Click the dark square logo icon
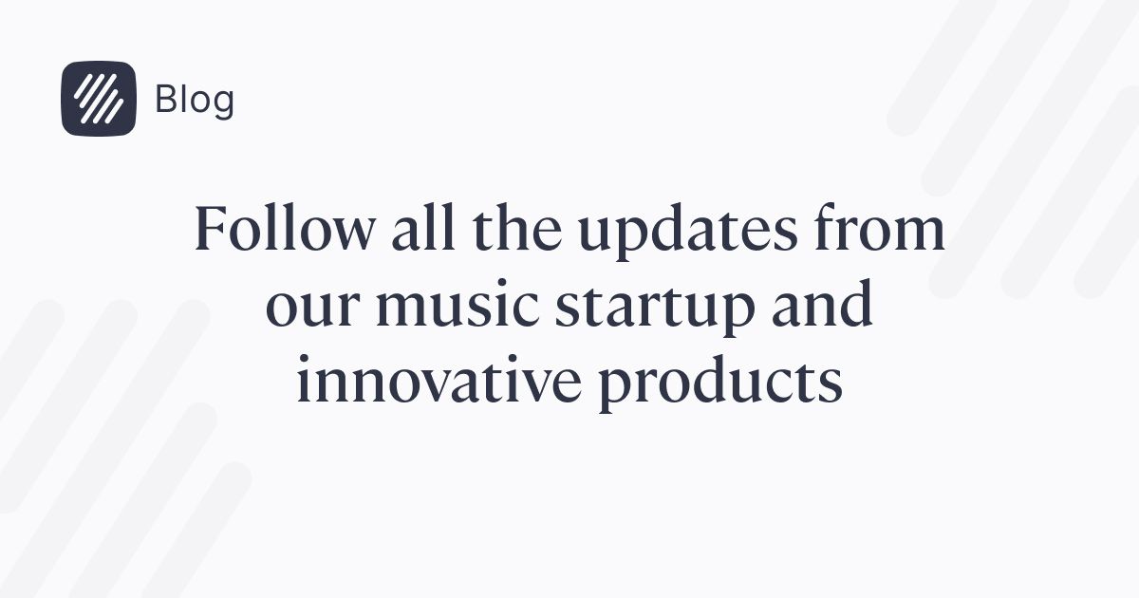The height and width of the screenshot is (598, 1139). [x=99, y=99]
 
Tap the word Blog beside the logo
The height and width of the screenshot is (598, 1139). [x=195, y=101]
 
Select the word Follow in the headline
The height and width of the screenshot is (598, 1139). [x=284, y=227]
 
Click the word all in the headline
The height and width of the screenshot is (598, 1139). [x=423, y=227]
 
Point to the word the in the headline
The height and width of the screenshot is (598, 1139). [x=517, y=227]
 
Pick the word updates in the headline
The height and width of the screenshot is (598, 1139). [x=687, y=233]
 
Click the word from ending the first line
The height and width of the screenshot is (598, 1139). [x=879, y=227]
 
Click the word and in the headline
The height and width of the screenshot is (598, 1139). [x=822, y=303]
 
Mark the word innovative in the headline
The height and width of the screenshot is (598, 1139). [x=439, y=379]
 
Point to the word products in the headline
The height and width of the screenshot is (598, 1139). [x=720, y=384]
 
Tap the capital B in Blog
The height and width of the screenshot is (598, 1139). [x=167, y=99]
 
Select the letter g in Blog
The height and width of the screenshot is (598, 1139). [x=223, y=103]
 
